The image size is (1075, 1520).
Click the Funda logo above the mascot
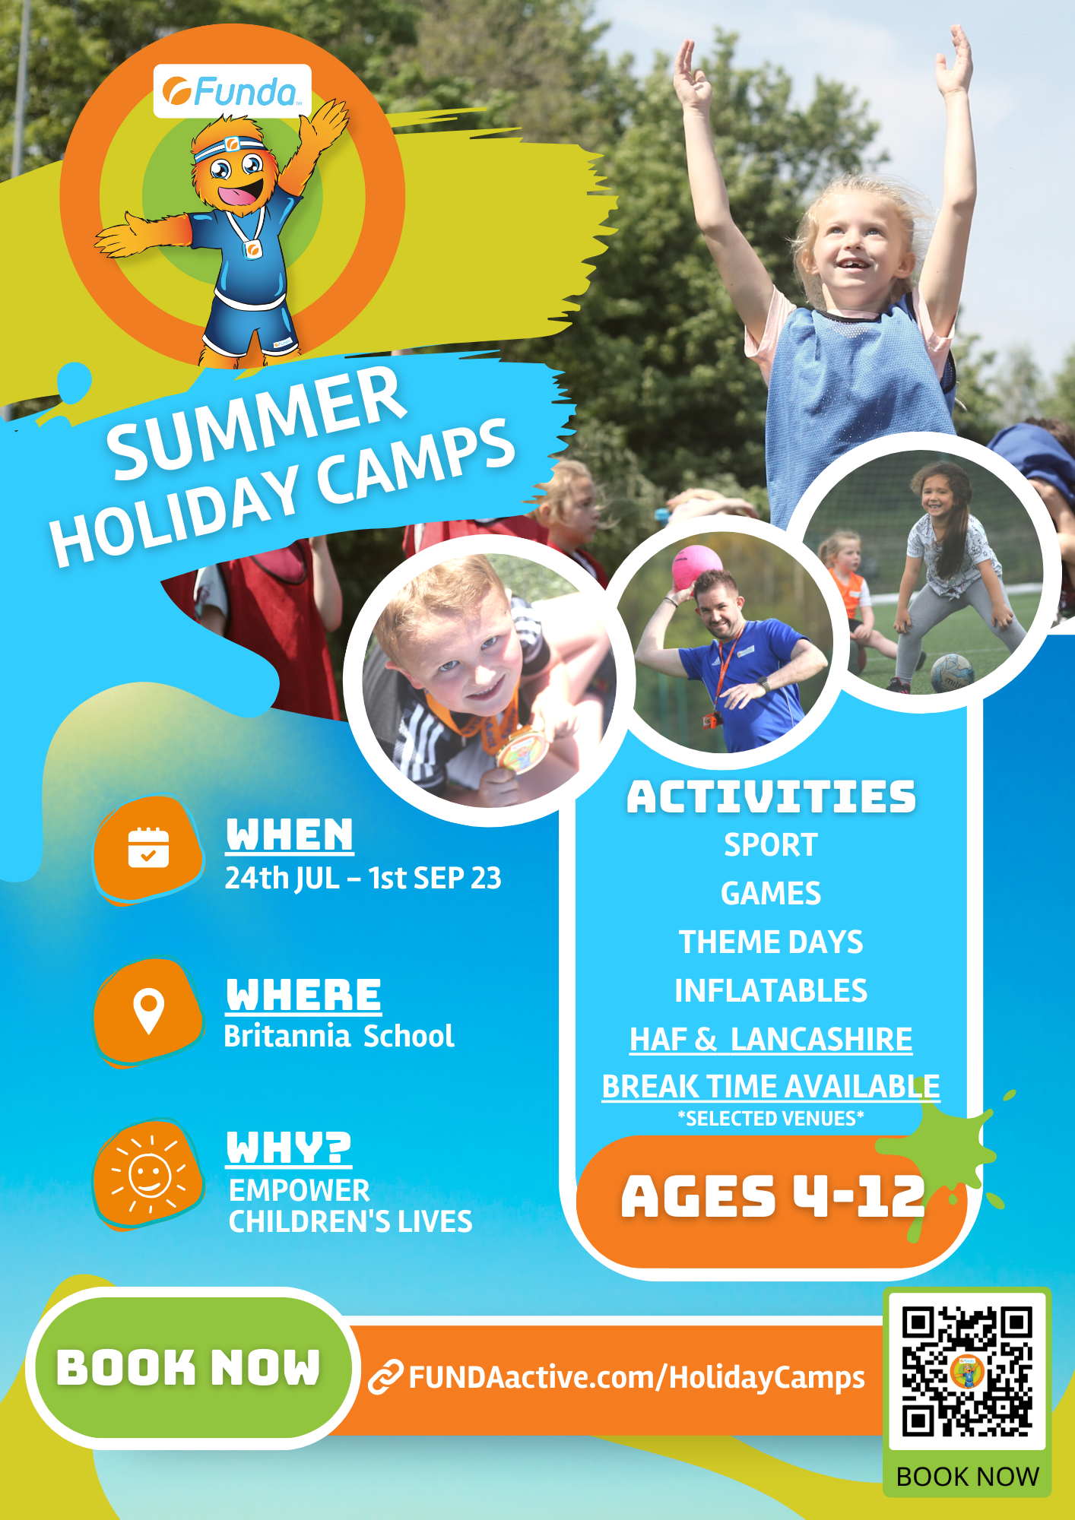pos(233,91)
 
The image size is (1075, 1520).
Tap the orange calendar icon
pos(148,848)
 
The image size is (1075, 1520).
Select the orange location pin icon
pos(148,1011)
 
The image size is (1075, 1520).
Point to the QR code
pos(967,1371)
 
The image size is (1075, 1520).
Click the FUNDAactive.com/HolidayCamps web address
pos(637,1377)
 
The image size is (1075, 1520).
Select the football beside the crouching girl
pos(951,673)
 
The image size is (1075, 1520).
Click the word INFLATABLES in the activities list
pos(771,990)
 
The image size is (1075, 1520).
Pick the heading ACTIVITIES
pos(771,797)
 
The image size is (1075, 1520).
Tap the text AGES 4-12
pos(772,1196)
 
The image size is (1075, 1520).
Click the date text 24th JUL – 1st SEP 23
pos(363,878)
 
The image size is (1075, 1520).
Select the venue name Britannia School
pos(339,1036)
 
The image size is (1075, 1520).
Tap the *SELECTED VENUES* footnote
pos(771,1119)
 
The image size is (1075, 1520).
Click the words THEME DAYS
pos(771,942)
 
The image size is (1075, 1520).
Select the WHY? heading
pos(289,1148)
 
